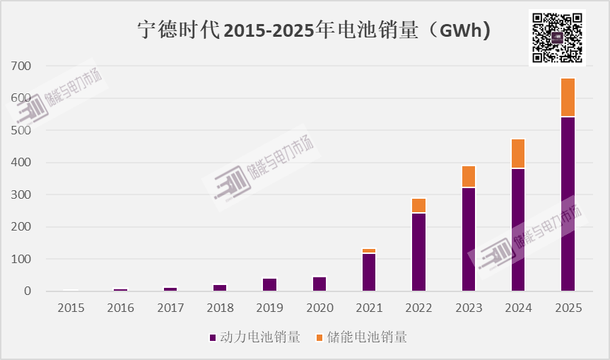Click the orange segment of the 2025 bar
point(568,98)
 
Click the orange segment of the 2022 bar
point(418,205)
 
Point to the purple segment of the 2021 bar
point(369,272)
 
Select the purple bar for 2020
point(319,284)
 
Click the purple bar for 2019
point(270,284)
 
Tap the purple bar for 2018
point(220,287)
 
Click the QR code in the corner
point(557,37)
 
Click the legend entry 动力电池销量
point(255,337)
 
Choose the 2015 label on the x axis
point(71,308)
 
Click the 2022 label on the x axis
point(418,308)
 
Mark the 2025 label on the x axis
point(568,308)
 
